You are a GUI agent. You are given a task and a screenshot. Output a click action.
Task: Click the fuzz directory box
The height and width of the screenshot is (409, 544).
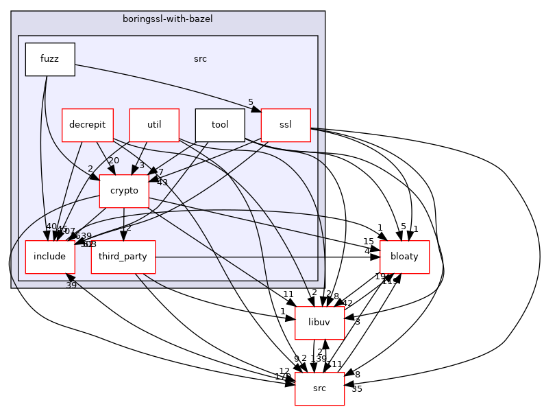[50, 59]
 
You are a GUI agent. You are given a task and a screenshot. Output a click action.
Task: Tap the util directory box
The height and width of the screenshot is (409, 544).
[154, 125]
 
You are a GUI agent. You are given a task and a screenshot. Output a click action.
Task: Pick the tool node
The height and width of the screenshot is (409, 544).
[220, 125]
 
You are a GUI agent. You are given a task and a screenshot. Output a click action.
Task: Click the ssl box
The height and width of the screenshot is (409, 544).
[286, 125]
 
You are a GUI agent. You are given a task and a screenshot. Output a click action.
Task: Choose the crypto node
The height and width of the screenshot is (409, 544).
[124, 191]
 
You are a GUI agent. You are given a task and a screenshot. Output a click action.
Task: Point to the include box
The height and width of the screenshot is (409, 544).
[50, 257]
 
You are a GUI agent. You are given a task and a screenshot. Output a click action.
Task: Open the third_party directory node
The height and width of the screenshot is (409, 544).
[123, 257]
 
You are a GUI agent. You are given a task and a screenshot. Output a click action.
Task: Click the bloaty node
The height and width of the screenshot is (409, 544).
[404, 257]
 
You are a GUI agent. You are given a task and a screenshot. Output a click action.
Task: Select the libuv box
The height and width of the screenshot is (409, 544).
[319, 323]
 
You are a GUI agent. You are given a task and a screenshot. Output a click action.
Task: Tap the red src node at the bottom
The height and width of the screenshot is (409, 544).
[319, 388]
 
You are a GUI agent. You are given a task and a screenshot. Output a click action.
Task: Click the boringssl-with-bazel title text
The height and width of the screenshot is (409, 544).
[168, 19]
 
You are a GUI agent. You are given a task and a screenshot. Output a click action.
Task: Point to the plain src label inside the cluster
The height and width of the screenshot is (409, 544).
[201, 59]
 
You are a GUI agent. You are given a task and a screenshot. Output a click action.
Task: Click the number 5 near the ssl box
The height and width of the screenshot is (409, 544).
[251, 103]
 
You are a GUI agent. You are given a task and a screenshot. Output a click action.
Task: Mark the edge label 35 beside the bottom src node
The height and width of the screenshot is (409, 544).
[356, 389]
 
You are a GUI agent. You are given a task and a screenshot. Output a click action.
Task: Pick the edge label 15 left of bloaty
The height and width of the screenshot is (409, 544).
[368, 242]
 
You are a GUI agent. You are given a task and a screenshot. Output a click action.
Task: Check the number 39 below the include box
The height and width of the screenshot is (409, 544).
[71, 285]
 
